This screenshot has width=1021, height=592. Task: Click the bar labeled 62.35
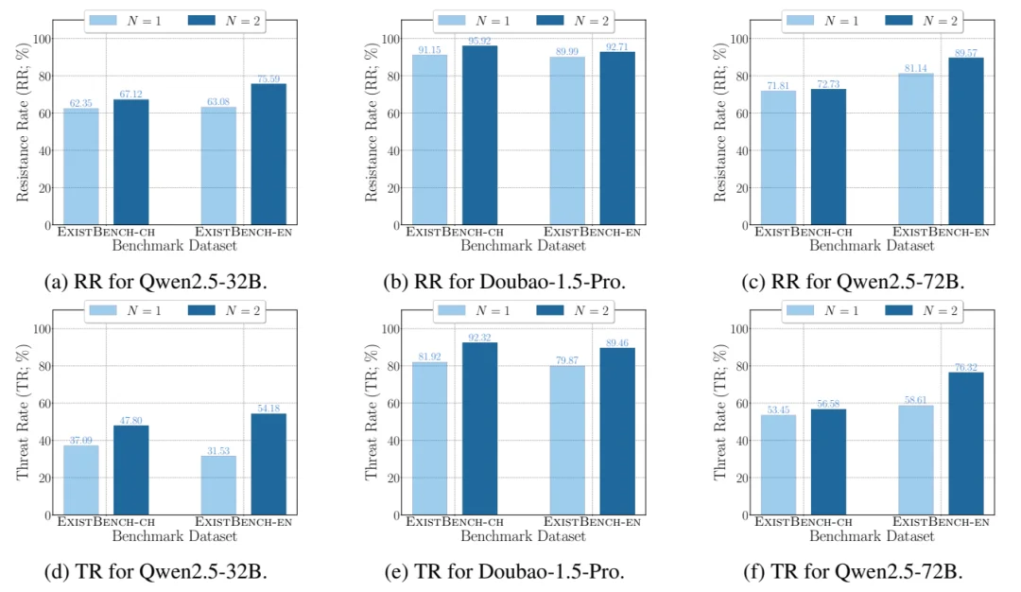[80, 166]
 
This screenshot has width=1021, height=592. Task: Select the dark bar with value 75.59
[268, 154]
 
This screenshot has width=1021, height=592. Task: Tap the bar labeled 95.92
[479, 135]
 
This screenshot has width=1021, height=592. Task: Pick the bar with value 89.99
[567, 141]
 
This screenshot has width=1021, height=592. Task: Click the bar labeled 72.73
[828, 157]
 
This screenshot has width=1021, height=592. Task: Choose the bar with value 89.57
[965, 141]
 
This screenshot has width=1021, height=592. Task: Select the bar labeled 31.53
[218, 486]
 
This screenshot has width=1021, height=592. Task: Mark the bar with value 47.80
[130, 470]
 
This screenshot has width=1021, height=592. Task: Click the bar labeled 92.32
[479, 429]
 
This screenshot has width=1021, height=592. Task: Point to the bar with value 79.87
[567, 441]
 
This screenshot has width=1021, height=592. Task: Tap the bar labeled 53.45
[778, 465]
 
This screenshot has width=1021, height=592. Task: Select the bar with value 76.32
[965, 444]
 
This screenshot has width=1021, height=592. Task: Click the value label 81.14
[915, 68]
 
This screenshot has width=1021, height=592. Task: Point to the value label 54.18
[268, 409]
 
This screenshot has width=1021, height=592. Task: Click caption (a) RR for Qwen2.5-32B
[156, 282]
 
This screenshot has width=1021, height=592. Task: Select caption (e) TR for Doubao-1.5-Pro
[505, 572]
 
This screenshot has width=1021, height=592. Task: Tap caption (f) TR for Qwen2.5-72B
[853, 572]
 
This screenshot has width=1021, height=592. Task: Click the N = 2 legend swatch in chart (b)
[550, 21]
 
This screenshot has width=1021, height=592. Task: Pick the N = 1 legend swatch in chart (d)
[103, 310]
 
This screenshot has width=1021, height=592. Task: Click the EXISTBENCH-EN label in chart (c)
[941, 232]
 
